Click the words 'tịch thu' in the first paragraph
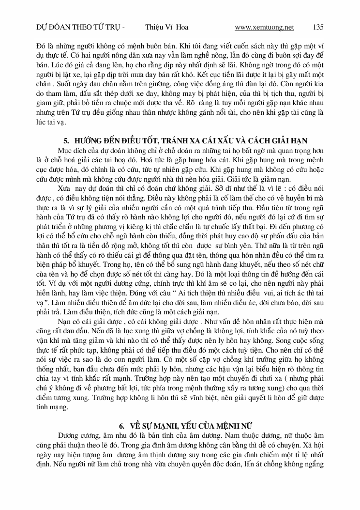[287, 102]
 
